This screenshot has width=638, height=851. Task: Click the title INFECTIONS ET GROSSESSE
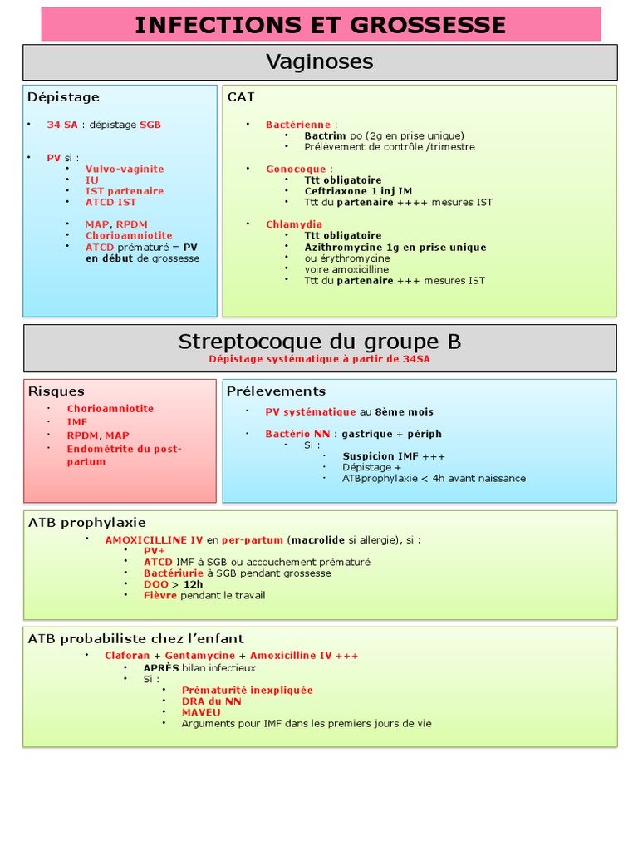320,25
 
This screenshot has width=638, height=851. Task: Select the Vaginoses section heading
320,61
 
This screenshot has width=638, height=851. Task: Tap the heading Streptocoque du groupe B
320,342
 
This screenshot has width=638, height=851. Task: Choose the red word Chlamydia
294,224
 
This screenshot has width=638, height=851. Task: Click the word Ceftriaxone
332,191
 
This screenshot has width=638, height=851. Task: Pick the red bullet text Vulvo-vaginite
125,169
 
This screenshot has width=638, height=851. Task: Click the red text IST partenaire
125,191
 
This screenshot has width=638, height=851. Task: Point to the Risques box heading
56,391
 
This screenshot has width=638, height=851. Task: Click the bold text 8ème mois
404,411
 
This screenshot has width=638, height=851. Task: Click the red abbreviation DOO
156,584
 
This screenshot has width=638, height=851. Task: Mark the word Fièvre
160,595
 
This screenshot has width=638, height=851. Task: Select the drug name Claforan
127,656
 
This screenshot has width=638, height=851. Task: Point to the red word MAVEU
201,712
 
